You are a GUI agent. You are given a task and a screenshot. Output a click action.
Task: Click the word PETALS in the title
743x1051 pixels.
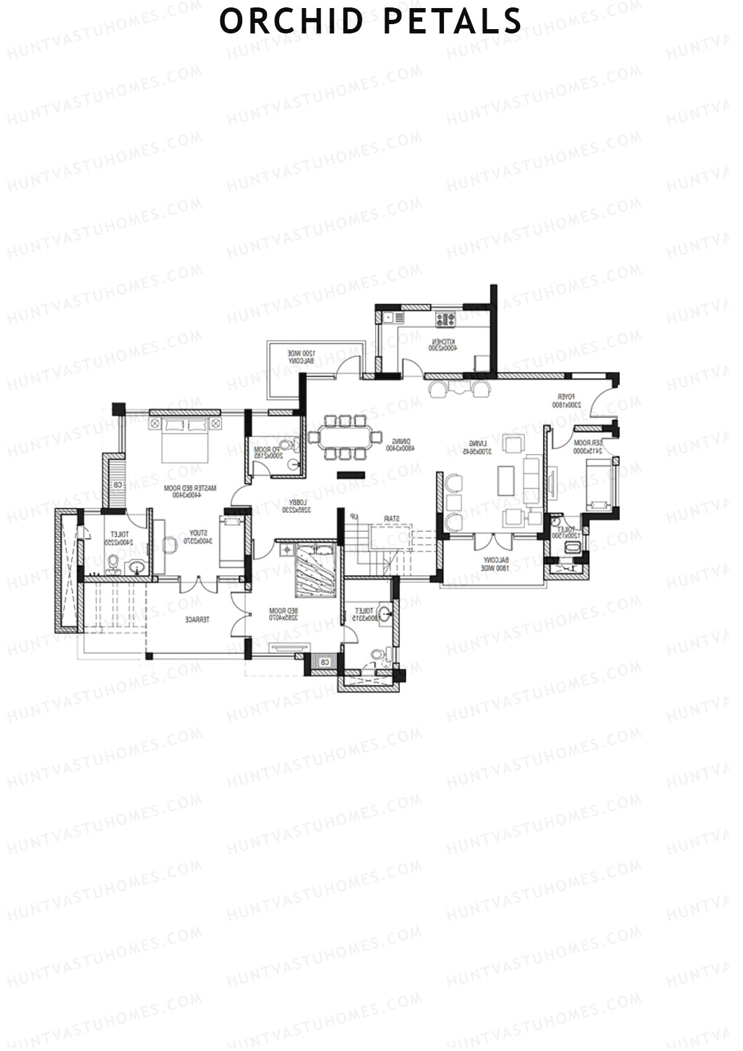pyautogui.click(x=453, y=21)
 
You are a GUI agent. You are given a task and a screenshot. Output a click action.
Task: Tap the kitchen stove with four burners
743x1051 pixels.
pyautogui.click(x=445, y=320)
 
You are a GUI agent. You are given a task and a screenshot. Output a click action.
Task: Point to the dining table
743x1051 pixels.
pyautogui.click(x=344, y=437)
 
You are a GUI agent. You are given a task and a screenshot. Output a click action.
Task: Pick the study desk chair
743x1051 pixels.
pyautogui.click(x=168, y=544)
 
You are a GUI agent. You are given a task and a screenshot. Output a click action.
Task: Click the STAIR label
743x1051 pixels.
pyautogui.click(x=391, y=518)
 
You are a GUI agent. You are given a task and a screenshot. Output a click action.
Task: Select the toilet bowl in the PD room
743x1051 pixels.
pyautogui.click(x=286, y=445)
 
